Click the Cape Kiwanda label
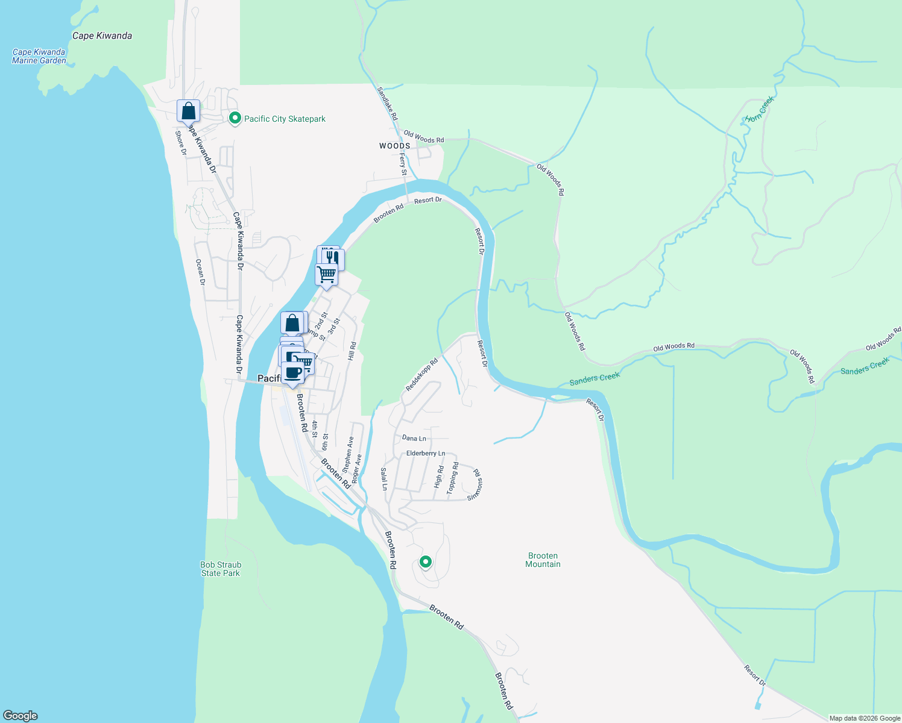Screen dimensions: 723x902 pyautogui.click(x=102, y=36)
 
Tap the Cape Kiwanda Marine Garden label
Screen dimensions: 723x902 pyautogui.click(x=39, y=56)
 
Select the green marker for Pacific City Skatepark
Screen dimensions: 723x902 pyautogui.click(x=235, y=119)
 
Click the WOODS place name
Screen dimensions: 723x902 pyautogui.click(x=395, y=146)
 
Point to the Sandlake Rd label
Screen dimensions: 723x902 pyautogui.click(x=388, y=103)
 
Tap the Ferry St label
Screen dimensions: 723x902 pyautogui.click(x=403, y=164)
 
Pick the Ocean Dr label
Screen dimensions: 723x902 pyautogui.click(x=201, y=272)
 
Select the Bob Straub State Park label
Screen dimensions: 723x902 pyautogui.click(x=221, y=569)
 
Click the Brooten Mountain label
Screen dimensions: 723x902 pyautogui.click(x=543, y=560)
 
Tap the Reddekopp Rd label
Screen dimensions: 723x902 pyautogui.click(x=421, y=375)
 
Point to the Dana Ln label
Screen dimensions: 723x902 pyautogui.click(x=414, y=439)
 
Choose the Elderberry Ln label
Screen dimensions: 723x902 pyautogui.click(x=426, y=453)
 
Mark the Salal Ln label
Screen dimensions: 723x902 pyautogui.click(x=384, y=478)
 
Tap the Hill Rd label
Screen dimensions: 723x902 pyautogui.click(x=352, y=351)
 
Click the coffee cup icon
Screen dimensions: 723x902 pyautogui.click(x=293, y=372)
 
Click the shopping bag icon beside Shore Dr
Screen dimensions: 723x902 pyautogui.click(x=188, y=111)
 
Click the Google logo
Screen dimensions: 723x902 pyautogui.click(x=20, y=716)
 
